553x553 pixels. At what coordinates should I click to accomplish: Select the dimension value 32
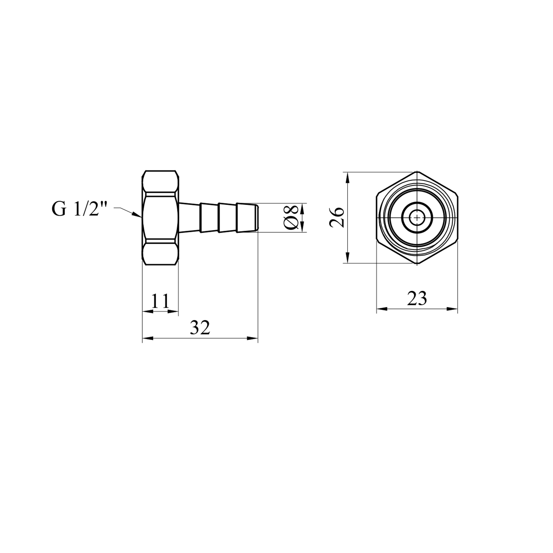tap(200, 328)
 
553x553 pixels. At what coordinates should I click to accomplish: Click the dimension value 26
tap(337, 218)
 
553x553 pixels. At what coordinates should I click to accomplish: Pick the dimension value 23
tap(417, 299)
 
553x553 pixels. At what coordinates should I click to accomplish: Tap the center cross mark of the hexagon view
tap(417, 218)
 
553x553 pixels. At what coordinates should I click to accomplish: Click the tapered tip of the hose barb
tap(257, 218)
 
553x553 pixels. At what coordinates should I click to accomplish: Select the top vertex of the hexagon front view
tap(417, 172)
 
